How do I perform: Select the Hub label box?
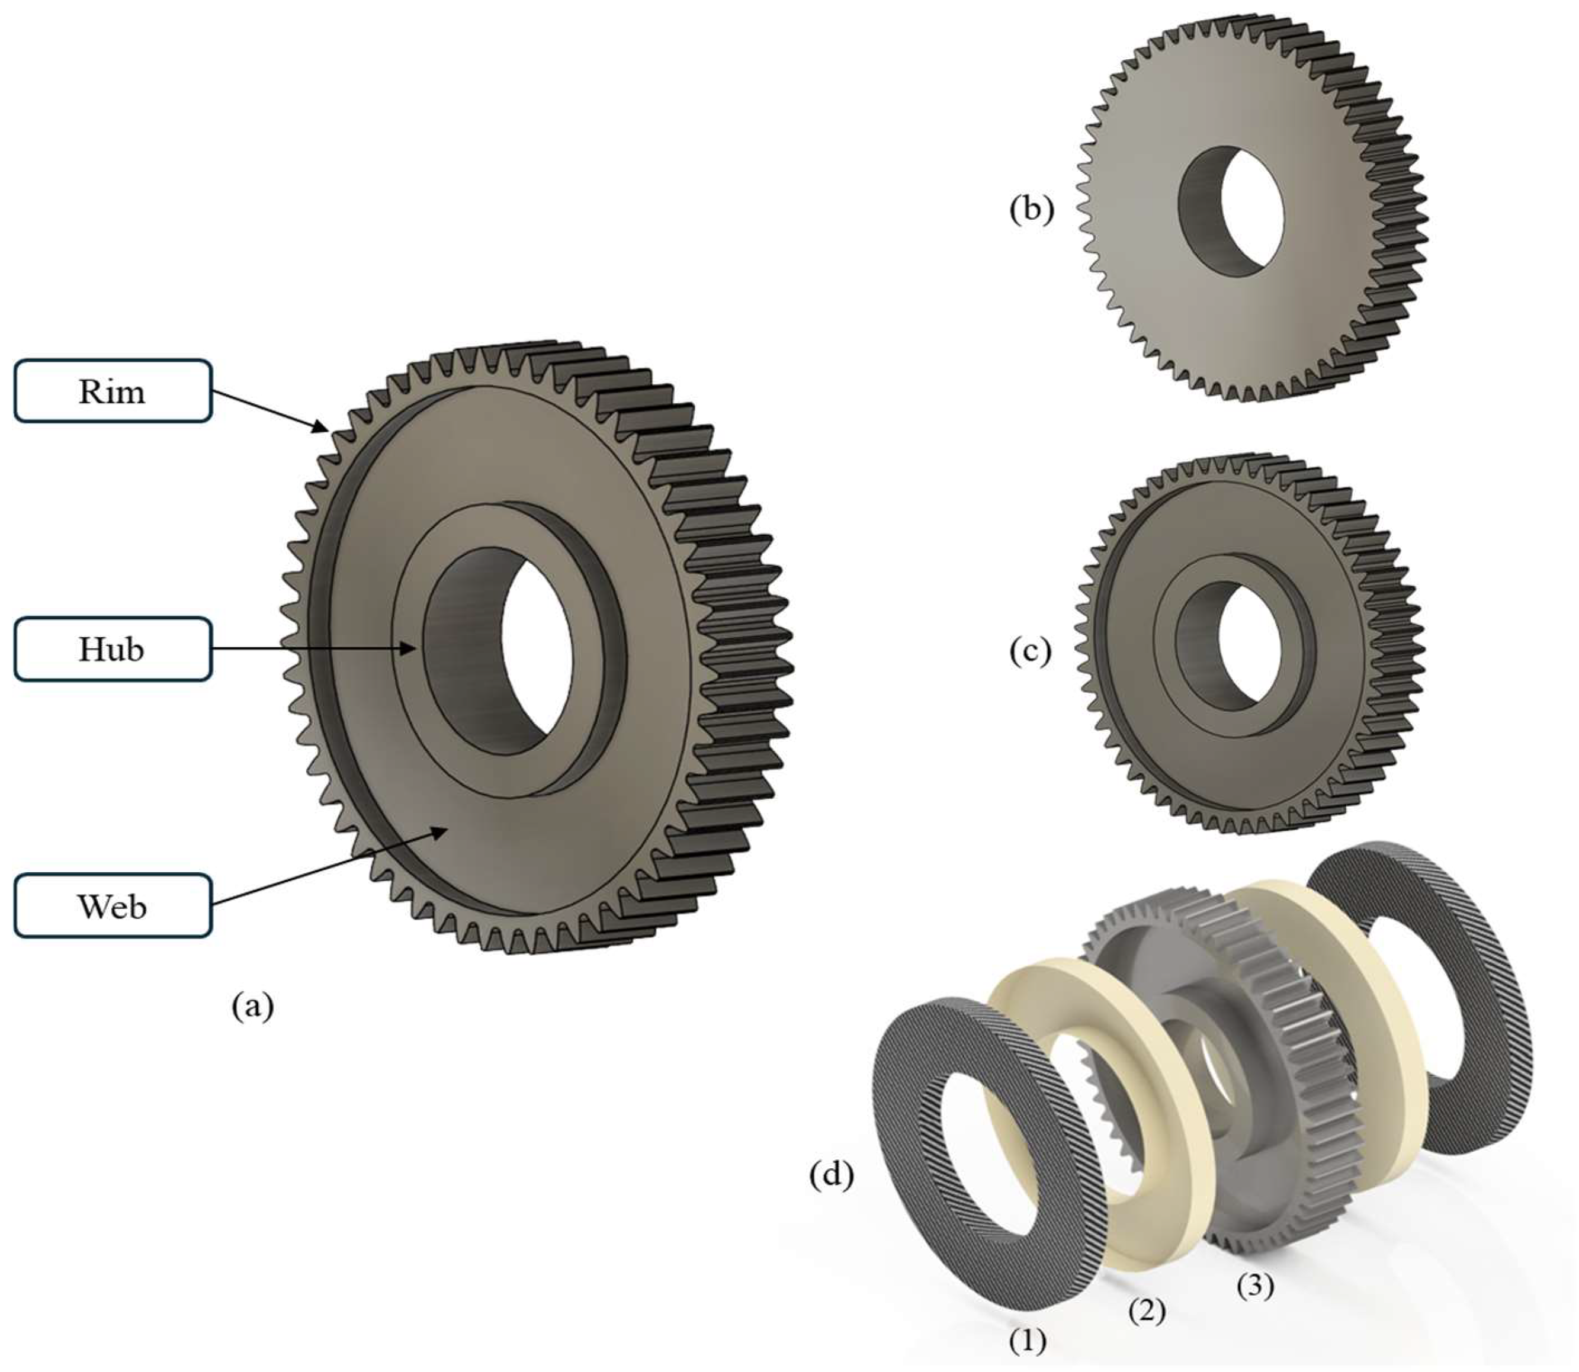(113, 649)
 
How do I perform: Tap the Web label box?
(113, 906)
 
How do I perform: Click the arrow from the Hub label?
(314, 649)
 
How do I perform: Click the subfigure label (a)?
(253, 1006)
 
